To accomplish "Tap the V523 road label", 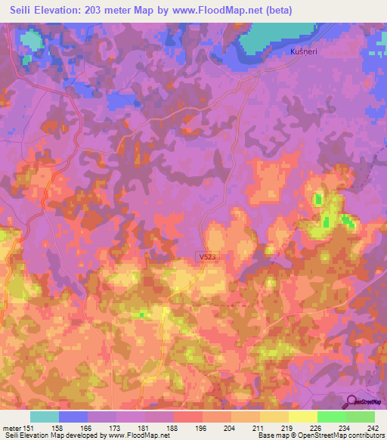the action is click(208, 257).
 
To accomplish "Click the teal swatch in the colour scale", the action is click(45, 417).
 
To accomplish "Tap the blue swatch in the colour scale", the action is click(73, 417).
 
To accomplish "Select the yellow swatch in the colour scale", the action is click(303, 417).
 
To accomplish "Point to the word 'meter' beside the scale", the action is click(11, 427).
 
